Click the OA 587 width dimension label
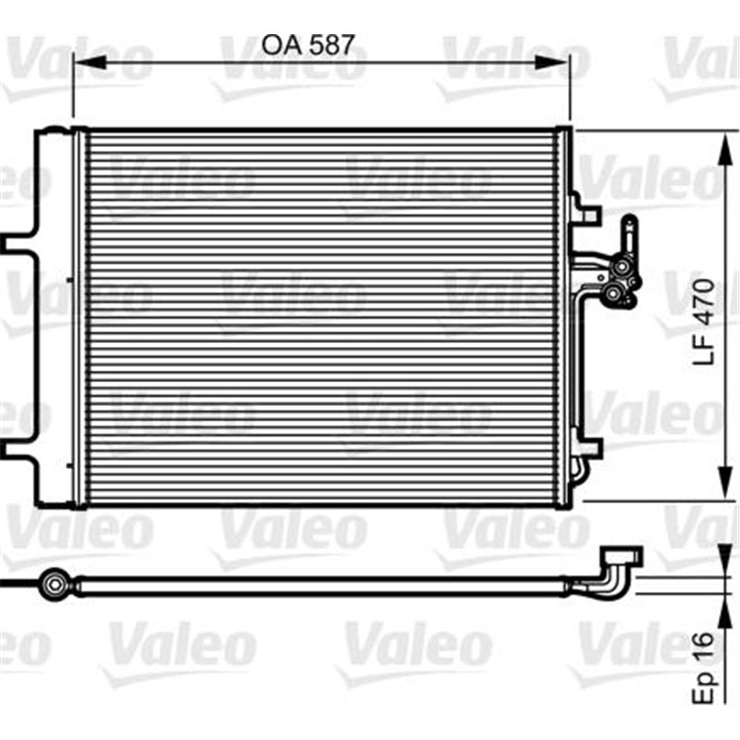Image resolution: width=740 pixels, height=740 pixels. (x=308, y=43)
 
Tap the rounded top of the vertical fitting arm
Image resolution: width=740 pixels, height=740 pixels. (x=629, y=222)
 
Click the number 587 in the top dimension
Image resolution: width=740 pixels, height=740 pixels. (x=330, y=43)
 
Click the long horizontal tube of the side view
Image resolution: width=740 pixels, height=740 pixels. (x=324, y=584)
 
